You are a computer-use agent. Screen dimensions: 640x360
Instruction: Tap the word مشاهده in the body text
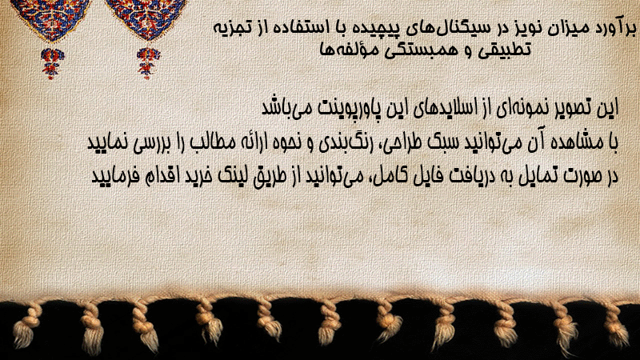(x=579, y=142)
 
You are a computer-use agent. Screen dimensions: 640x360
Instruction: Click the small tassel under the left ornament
(x=52, y=62)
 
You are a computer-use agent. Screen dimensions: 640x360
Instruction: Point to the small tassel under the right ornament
(x=148, y=62)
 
